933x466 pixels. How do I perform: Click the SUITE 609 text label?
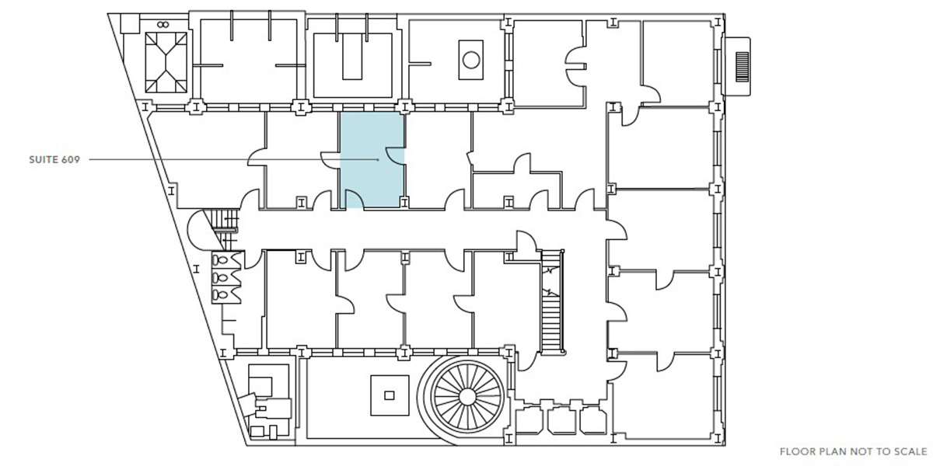54,160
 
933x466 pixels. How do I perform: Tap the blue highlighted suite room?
372,160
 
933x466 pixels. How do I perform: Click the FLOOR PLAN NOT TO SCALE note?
854,451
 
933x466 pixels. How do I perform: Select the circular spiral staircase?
467,397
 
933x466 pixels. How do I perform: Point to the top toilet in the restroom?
221,260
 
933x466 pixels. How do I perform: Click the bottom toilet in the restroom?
221,295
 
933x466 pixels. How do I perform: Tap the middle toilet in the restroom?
221,277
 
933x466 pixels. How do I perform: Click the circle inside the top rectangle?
471,60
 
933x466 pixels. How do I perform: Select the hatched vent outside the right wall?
742,67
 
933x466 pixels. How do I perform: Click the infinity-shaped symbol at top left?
162,25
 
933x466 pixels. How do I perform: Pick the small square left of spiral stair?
390,395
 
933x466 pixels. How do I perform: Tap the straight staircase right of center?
552,301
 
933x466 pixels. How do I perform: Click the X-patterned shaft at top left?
166,62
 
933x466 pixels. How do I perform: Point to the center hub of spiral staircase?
467,397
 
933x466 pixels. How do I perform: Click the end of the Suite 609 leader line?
378,159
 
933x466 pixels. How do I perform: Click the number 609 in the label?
71,160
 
